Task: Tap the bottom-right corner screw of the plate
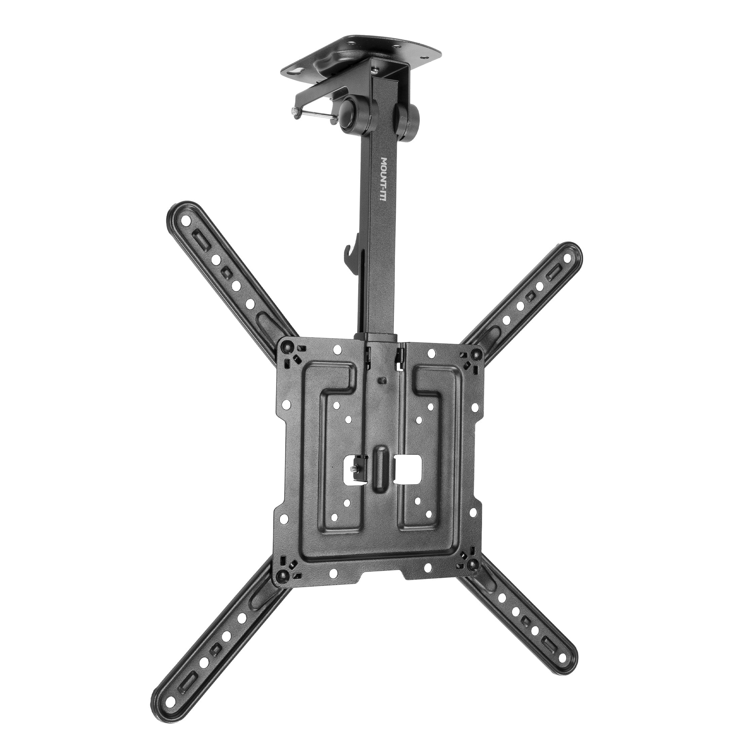tap(473, 563)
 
